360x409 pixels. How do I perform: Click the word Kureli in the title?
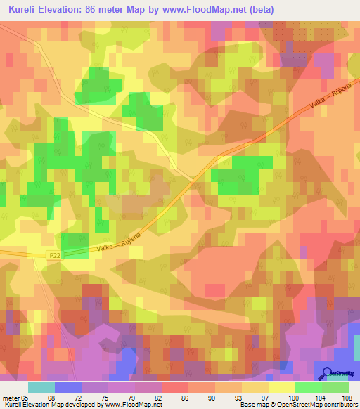[22, 10]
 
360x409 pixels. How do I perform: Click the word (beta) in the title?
[259, 10]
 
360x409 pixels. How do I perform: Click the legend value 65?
[26, 397]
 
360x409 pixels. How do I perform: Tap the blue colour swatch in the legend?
[67, 387]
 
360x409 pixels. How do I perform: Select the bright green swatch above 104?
[308, 387]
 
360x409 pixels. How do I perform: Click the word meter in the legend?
[10, 397]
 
